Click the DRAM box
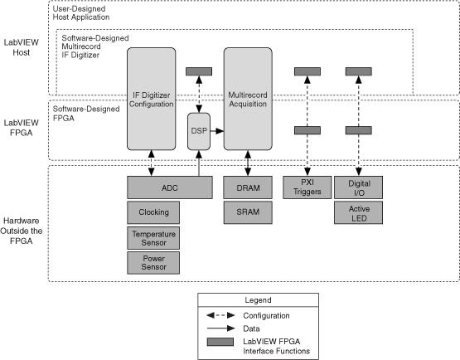[x=247, y=187]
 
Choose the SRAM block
[x=247, y=212]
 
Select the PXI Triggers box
[x=307, y=187]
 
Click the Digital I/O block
[x=358, y=187]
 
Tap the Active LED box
[x=358, y=212]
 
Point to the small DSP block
[x=199, y=131]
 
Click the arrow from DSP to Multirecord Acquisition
[x=217, y=131]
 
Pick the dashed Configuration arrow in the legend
[x=227, y=315]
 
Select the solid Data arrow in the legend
[x=227, y=328]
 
